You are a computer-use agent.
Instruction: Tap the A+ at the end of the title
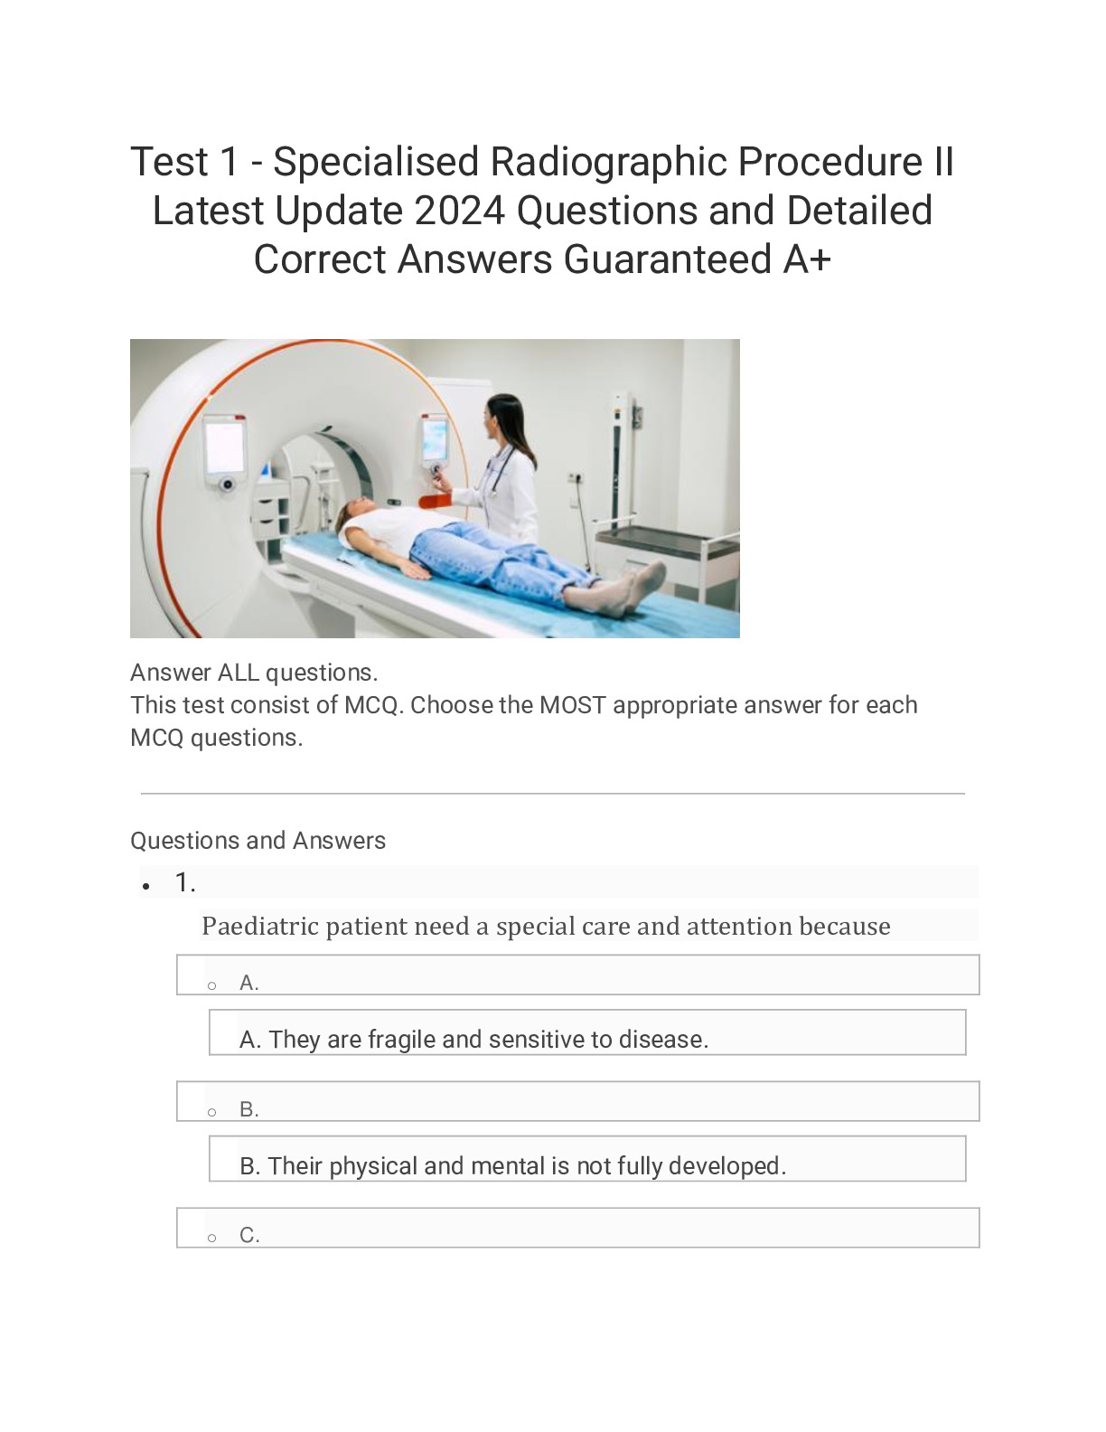point(807,260)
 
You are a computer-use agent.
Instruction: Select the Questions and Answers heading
point(258,841)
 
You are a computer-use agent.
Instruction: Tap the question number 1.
point(184,882)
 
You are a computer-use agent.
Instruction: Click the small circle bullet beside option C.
point(212,1238)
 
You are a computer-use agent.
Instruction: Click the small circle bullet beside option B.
point(212,1111)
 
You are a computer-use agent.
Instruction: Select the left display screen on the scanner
point(224,447)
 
